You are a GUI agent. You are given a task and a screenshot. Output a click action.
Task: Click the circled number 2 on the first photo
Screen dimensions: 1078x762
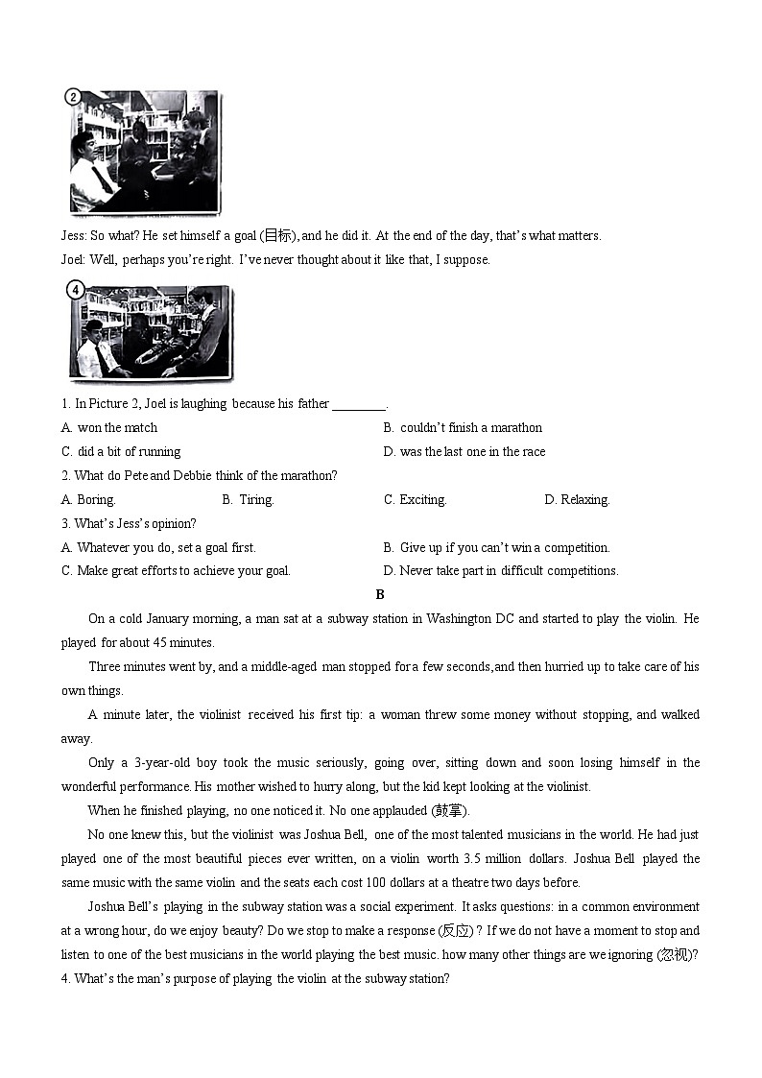pyautogui.click(x=73, y=96)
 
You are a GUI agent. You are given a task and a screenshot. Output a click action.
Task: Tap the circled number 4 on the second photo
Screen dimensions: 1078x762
pyautogui.click(x=75, y=288)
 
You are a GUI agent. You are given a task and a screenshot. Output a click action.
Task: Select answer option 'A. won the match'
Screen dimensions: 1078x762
pyautogui.click(x=109, y=428)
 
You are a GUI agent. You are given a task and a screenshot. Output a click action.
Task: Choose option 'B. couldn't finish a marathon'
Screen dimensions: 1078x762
pyautogui.click(x=463, y=428)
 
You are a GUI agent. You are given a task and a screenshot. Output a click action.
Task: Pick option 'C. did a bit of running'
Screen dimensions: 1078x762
pyautogui.click(x=121, y=452)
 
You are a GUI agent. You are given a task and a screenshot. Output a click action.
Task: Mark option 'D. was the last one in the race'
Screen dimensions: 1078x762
pyautogui.click(x=464, y=452)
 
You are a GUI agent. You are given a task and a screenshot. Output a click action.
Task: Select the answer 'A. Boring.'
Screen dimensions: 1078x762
pyautogui.click(x=88, y=500)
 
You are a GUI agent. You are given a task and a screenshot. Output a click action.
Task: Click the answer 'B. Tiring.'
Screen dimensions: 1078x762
pyautogui.click(x=248, y=500)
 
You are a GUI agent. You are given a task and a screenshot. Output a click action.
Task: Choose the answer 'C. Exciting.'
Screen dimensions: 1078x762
pyautogui.click(x=416, y=500)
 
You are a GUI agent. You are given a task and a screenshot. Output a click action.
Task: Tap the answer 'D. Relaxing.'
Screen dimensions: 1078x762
pyautogui.click(x=577, y=500)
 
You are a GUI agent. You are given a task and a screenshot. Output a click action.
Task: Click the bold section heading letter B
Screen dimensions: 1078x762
pyautogui.click(x=380, y=595)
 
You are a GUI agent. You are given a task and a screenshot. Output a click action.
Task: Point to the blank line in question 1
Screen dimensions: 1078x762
pyautogui.click(x=358, y=405)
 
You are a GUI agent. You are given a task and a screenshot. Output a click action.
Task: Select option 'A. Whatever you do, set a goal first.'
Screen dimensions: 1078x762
pyautogui.click(x=158, y=548)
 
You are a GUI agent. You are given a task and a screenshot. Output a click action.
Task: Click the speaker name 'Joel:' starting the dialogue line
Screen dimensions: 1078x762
pyautogui.click(x=74, y=260)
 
